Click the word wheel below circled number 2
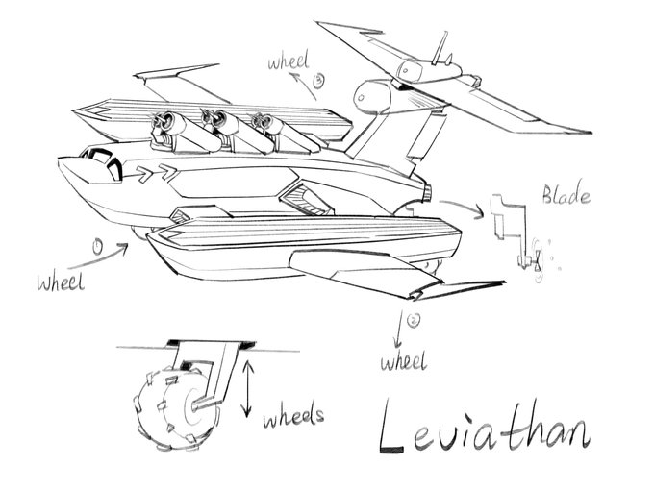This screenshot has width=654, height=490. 402,362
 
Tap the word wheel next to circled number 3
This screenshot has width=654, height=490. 289,64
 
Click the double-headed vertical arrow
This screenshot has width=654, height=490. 247,387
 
